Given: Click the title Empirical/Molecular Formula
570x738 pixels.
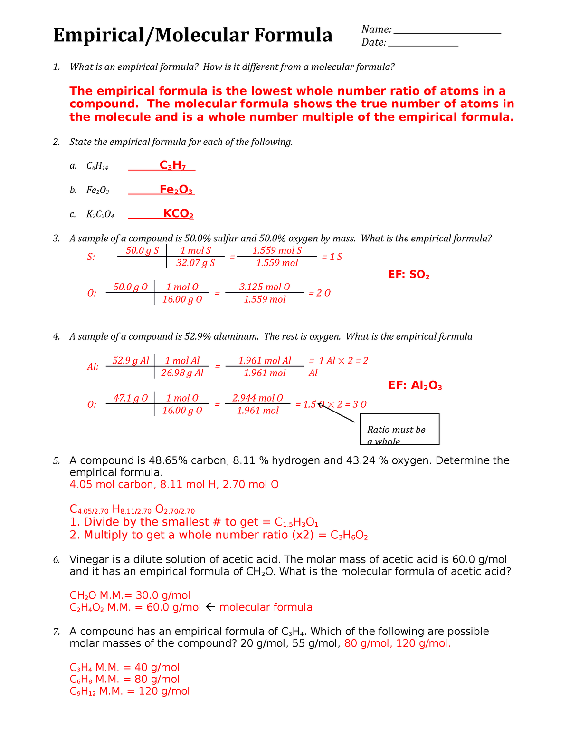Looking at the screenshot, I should point(192,36).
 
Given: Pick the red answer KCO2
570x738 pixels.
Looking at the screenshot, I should point(178,214).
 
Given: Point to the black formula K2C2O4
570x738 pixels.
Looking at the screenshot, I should point(100,214).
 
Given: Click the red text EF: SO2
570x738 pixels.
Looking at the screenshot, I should point(408,275).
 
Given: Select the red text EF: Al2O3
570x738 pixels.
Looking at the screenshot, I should point(415,385).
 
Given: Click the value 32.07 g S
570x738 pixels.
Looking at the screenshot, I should point(195,263).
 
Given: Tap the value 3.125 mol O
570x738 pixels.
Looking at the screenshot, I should point(264,287).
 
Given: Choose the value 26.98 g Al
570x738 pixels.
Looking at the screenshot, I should point(182,373).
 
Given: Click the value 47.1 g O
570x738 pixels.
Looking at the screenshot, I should point(130,398).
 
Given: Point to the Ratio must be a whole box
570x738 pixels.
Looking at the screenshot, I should point(399,430).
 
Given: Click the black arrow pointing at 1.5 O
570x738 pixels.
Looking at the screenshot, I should point(336,412).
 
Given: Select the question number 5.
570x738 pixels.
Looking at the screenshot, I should point(57,460).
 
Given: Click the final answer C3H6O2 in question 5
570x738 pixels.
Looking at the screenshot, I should point(349,536).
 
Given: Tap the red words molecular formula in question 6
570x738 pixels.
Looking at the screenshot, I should point(266,607).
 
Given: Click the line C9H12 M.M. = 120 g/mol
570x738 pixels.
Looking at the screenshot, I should point(129,691).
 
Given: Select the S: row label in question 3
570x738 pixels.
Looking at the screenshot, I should point(91,257).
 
